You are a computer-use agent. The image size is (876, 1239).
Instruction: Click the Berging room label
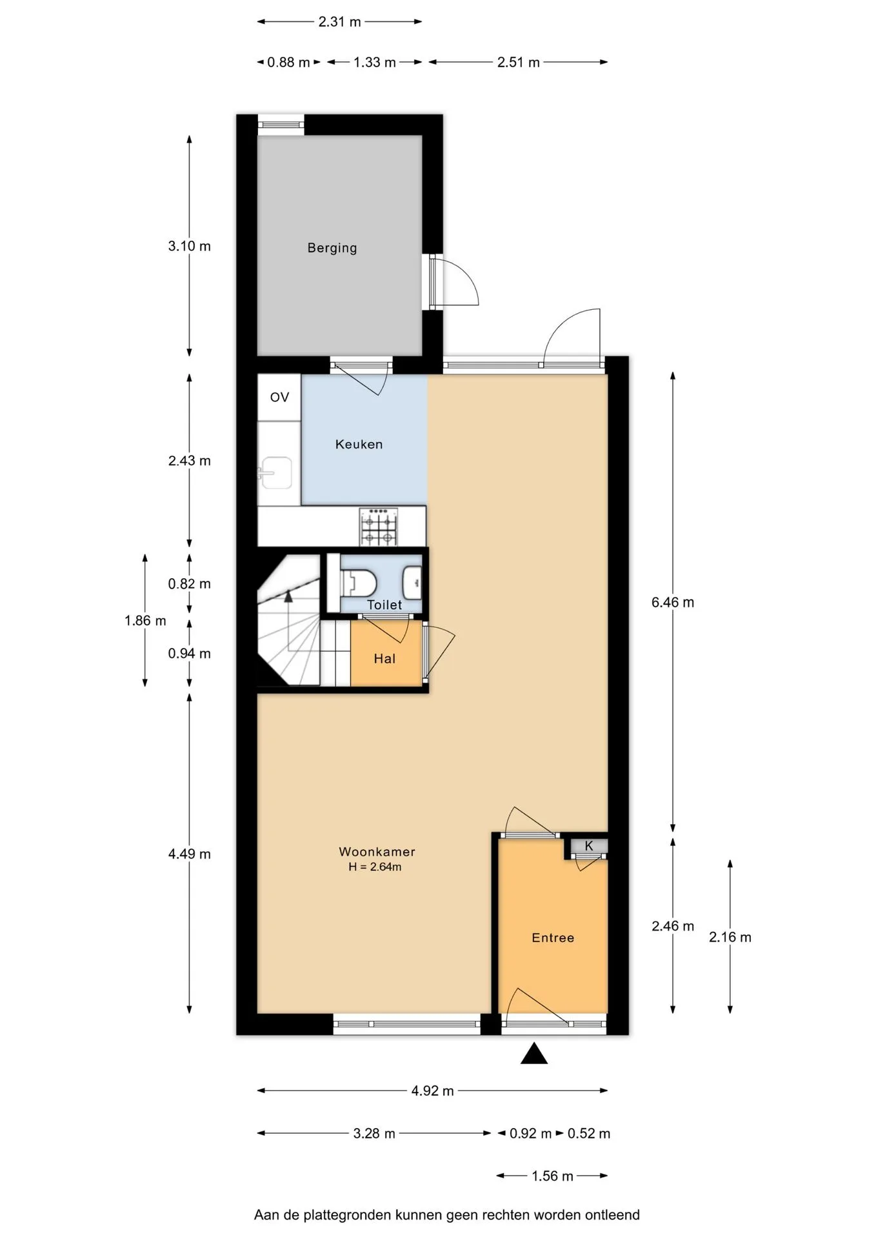click(332, 248)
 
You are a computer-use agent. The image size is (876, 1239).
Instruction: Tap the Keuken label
click(359, 444)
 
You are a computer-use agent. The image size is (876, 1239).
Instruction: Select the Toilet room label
click(384, 605)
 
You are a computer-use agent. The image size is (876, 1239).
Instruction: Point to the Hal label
click(384, 659)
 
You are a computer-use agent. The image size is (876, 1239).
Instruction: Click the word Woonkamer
click(377, 852)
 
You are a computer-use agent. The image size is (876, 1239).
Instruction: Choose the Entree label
click(553, 938)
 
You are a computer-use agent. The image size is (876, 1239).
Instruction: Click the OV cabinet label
click(279, 398)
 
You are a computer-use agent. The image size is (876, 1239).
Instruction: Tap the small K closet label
click(589, 845)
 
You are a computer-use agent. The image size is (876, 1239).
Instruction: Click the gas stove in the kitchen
click(379, 527)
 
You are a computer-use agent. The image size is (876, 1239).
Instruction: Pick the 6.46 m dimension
click(673, 602)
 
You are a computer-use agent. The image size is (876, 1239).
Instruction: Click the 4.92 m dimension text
click(433, 1091)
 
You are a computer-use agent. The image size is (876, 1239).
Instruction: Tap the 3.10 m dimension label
click(190, 246)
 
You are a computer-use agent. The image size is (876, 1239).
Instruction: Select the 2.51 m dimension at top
click(519, 63)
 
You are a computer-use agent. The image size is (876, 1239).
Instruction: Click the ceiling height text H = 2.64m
click(375, 867)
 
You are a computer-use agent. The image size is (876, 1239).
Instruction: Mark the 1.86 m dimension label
click(145, 621)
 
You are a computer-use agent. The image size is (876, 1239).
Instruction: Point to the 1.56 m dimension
click(552, 1176)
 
